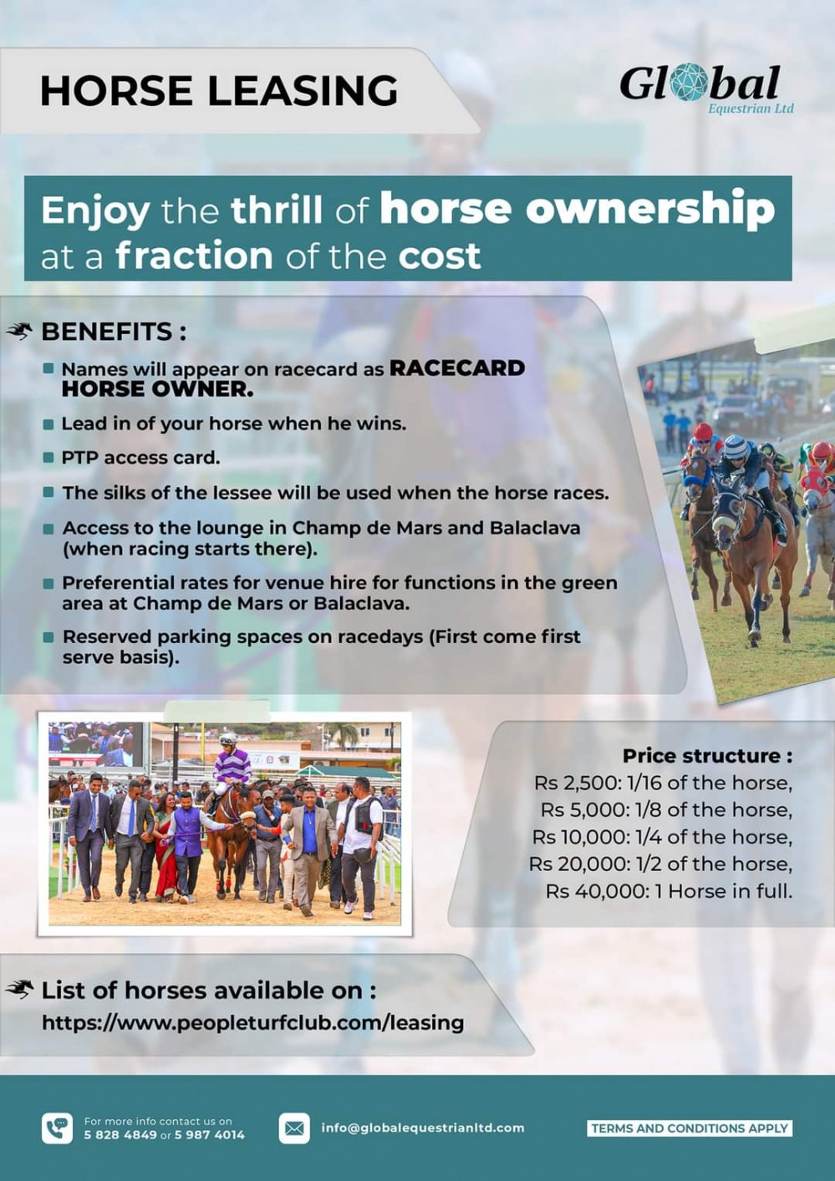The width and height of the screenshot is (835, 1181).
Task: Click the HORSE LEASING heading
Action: click(219, 90)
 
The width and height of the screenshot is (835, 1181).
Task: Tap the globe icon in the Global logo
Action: click(691, 84)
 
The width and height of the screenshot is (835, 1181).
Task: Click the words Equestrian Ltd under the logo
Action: click(751, 109)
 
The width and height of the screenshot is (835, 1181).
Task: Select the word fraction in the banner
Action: click(194, 256)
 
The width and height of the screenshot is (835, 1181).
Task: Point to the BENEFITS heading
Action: click(114, 332)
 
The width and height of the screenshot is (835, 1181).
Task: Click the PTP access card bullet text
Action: click(140, 458)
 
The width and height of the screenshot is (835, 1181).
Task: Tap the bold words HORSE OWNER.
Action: click(157, 389)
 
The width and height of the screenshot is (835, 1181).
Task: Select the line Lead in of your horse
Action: click(234, 423)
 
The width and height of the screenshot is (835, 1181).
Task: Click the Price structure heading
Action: click(707, 756)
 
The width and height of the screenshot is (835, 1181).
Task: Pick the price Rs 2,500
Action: click(576, 783)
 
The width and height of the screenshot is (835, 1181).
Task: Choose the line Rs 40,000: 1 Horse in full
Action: click(669, 891)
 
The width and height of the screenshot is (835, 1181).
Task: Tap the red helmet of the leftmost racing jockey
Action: click(702, 432)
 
